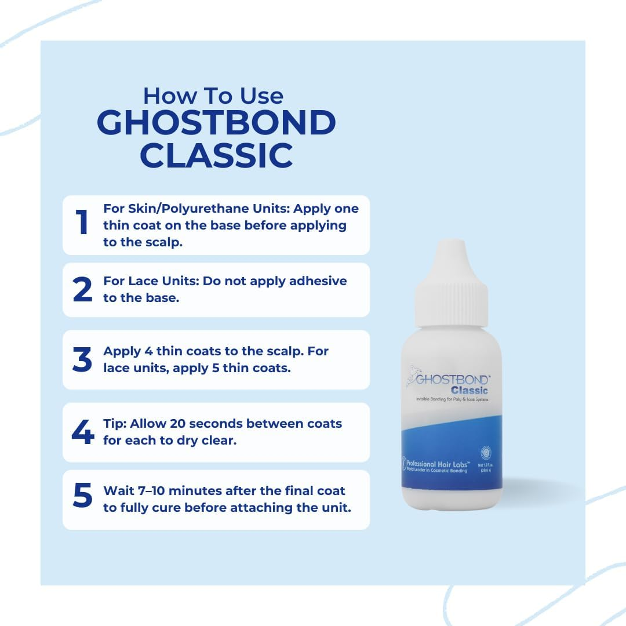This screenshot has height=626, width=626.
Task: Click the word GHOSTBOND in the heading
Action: click(216, 123)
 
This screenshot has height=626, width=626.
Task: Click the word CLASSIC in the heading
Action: click(216, 155)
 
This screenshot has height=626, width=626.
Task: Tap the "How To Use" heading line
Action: click(213, 95)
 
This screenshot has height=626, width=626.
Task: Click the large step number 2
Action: click(82, 290)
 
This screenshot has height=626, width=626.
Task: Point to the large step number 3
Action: click(82, 359)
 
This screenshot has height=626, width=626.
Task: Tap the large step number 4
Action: click(82, 432)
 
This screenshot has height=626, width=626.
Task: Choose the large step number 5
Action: click(82, 497)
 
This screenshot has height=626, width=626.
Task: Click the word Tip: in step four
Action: click(114, 424)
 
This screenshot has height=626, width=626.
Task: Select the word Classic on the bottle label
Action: click(469, 390)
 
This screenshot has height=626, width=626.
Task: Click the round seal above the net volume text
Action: click(486, 453)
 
